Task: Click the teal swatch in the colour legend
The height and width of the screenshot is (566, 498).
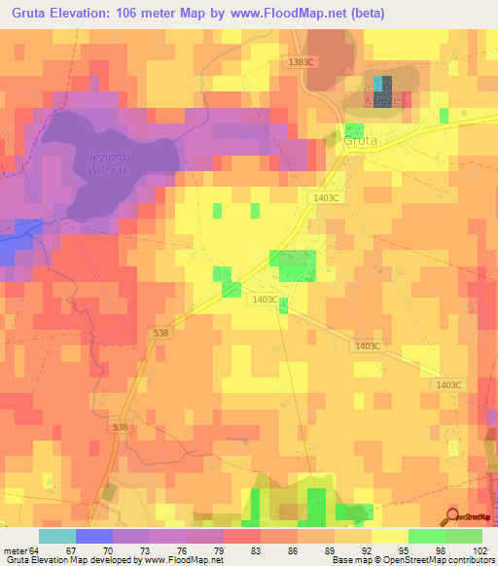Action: point(57,536)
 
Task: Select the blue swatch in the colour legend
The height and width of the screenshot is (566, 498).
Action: point(94,536)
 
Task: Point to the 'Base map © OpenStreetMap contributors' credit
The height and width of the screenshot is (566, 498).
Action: point(412,560)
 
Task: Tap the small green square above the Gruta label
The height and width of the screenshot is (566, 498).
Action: point(355,129)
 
